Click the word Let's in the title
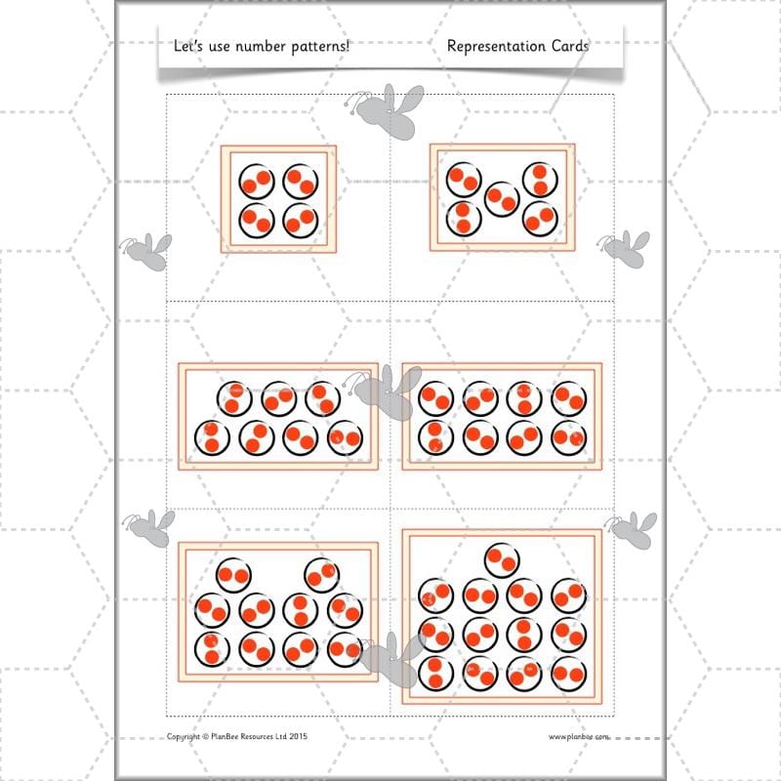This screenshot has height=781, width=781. tap(186, 46)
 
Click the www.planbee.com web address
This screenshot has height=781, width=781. tap(578, 737)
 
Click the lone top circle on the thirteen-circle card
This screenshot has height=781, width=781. tap(503, 560)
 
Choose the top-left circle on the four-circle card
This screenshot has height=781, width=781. tap(257, 181)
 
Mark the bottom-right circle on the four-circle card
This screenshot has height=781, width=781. tap(301, 221)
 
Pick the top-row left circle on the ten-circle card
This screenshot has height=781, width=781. tap(233, 574)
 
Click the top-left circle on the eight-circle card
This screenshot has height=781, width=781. tap(435, 398)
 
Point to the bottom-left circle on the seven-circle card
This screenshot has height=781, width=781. tap(211, 437)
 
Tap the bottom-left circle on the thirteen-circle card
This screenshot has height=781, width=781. tap(435, 672)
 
